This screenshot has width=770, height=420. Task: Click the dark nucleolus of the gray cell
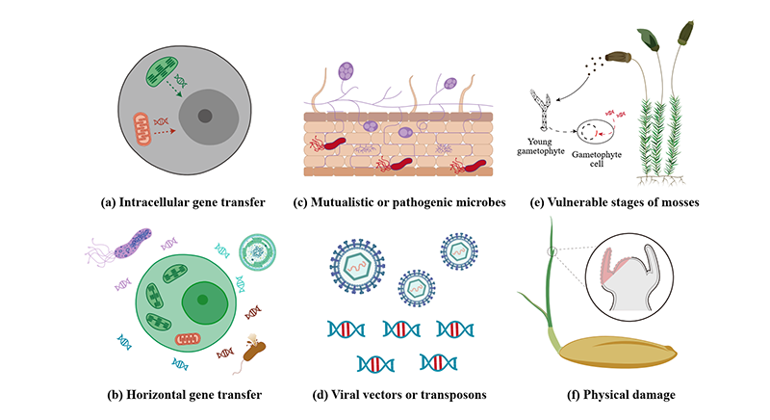pos(204,117)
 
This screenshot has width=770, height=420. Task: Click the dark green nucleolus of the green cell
pos(201,300)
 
